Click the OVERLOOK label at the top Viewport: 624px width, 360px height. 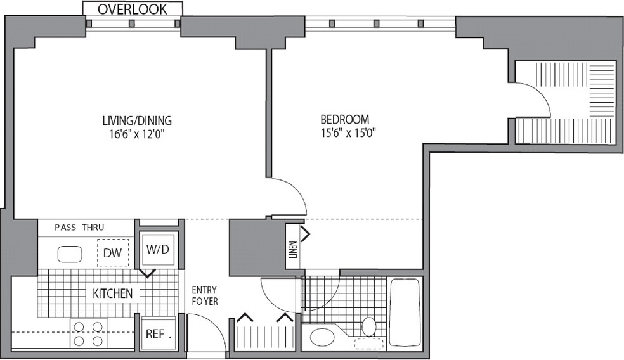coord(133,10)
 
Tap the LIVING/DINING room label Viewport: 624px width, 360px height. coord(138,120)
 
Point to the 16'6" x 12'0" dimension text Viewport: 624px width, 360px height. coord(138,134)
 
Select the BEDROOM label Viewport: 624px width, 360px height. coord(345,119)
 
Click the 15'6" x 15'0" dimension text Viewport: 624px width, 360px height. coord(349,132)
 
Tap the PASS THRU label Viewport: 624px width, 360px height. coord(79,228)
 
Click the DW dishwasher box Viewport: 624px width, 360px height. coord(113,253)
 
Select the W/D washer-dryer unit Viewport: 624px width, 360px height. coord(158,250)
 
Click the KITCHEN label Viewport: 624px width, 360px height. coord(113,293)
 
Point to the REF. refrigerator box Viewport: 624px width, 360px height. coord(159,333)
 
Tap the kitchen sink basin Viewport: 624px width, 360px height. coord(70,254)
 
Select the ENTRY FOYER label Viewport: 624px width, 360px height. coord(205,295)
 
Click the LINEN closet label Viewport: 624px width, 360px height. coord(293,250)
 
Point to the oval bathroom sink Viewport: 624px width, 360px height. coord(323,338)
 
